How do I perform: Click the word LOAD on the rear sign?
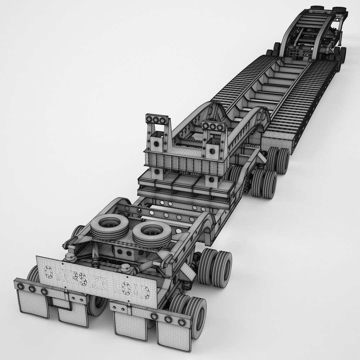click(132, 287)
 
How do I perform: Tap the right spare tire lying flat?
click(149, 232)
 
